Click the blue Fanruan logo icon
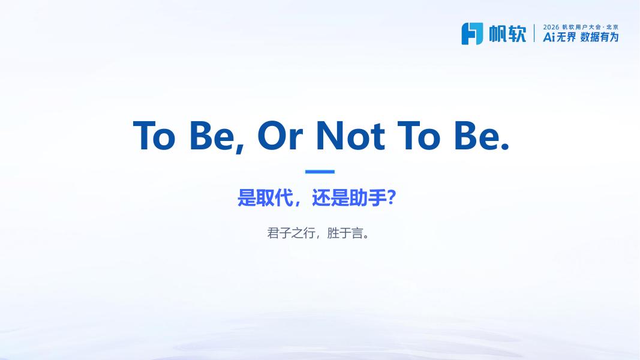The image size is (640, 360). (472, 34)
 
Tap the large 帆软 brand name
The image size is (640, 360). (508, 34)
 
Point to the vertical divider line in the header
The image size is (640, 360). (534, 33)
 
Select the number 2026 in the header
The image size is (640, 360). (551, 27)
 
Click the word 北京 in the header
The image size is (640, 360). (612, 27)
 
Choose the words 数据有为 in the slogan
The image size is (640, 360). (600, 37)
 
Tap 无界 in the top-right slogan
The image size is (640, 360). (566, 37)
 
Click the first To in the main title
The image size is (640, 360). (154, 135)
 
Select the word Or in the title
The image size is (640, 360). (280, 135)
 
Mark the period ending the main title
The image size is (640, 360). (505, 146)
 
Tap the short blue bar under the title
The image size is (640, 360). (320, 172)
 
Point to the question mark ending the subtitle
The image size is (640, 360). (391, 198)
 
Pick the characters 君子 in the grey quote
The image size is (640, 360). (279, 233)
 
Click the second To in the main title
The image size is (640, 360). (419, 135)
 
